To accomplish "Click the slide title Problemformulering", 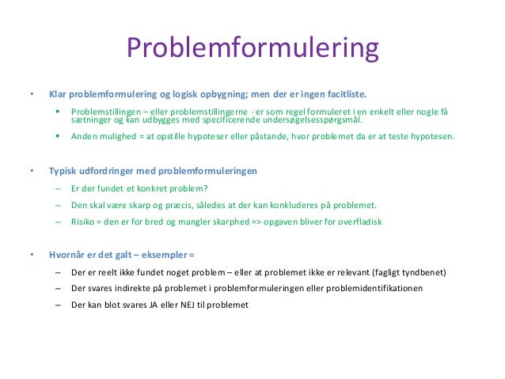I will point(252,49).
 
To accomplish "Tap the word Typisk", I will point(63,171).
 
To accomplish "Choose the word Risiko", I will point(84,222).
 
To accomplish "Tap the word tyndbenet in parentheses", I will point(421,272).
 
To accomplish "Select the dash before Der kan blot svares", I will point(59,305).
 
